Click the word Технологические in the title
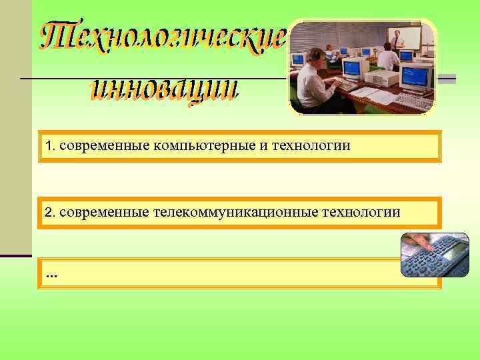(x=163, y=35)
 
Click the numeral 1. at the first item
(x=49, y=146)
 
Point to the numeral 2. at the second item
(x=49, y=213)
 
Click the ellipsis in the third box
(x=51, y=274)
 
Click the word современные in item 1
(x=89, y=146)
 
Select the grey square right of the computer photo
(x=447, y=79)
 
